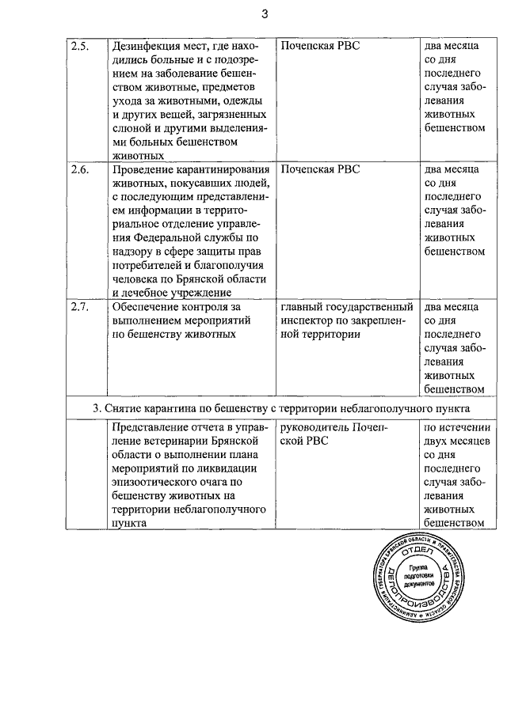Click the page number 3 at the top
[265, 14]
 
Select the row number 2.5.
[79, 46]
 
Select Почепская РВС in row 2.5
[320, 46]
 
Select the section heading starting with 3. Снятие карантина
[280, 407]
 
